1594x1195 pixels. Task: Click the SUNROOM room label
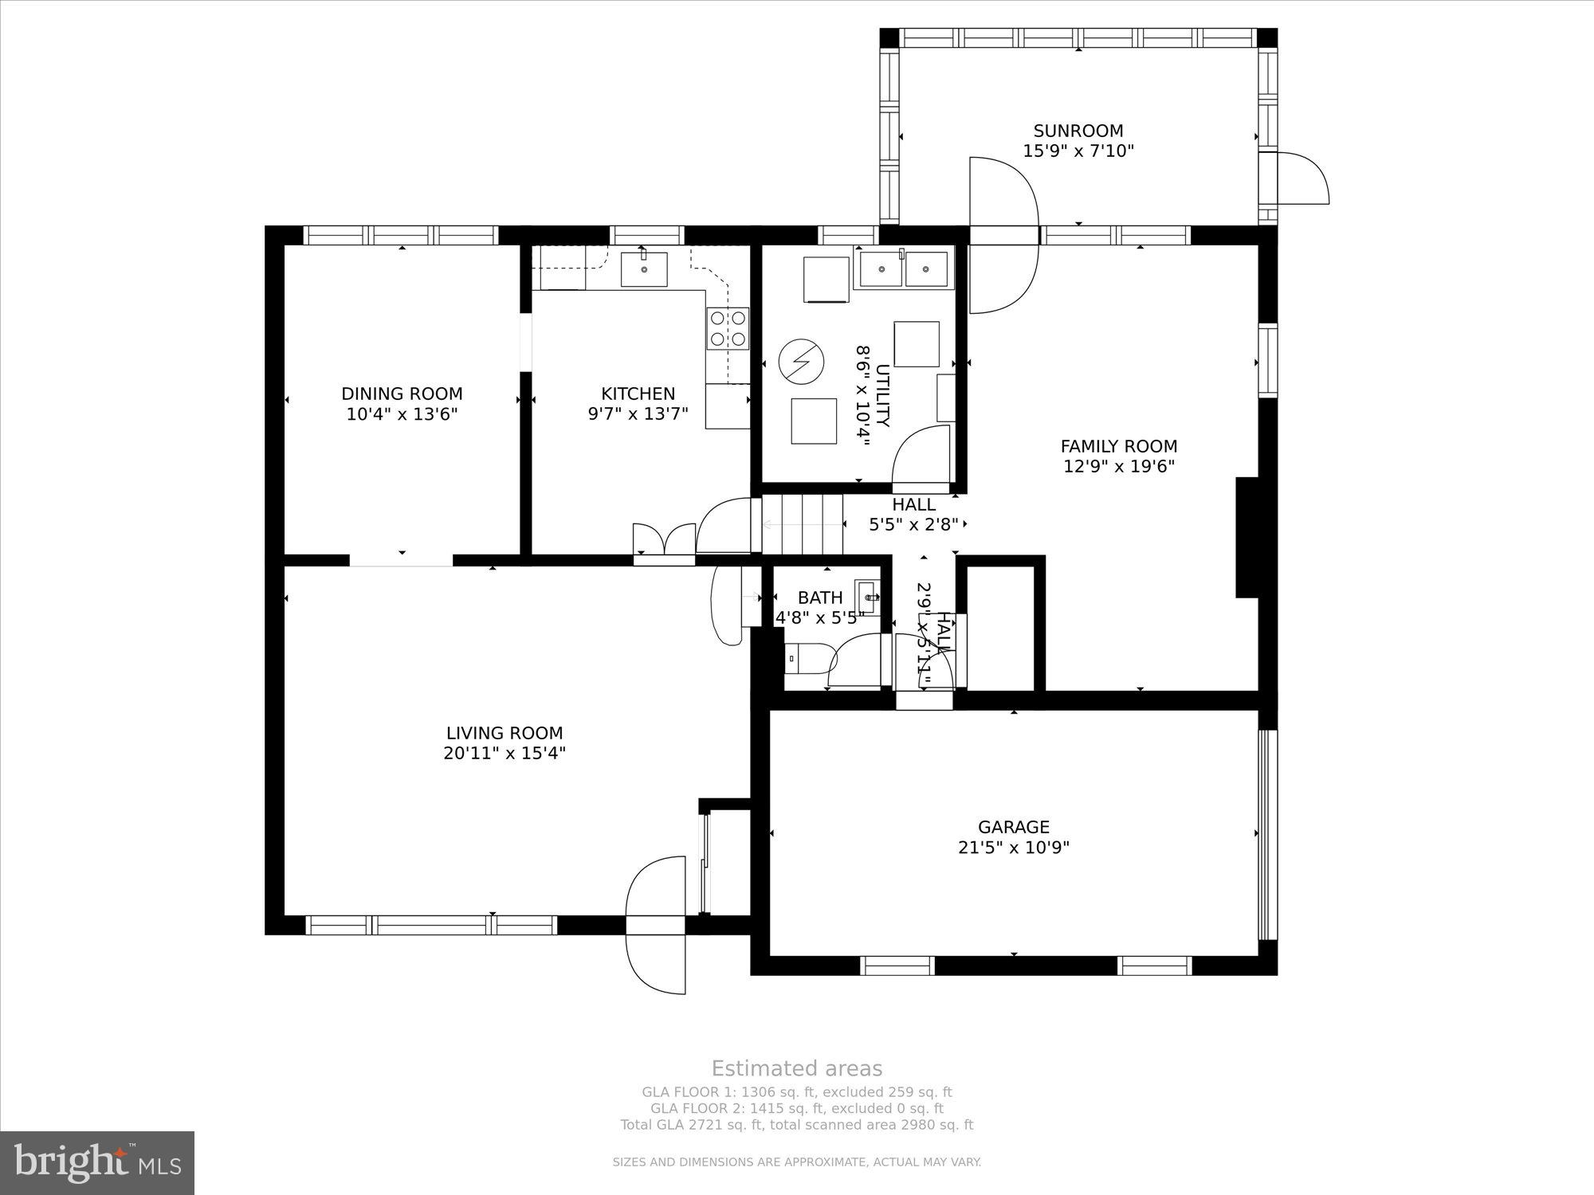(1078, 131)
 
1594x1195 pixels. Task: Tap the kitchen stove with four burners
(728, 328)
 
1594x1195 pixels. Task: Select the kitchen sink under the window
(643, 268)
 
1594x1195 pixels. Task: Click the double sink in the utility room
(904, 269)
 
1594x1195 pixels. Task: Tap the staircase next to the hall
(803, 524)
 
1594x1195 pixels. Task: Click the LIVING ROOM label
(505, 733)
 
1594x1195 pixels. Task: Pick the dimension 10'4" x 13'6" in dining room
(402, 414)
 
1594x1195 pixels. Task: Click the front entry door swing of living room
(656, 924)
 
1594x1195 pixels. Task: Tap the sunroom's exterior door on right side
(1301, 178)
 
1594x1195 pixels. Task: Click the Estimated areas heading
(796, 1068)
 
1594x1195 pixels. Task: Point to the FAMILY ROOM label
(1118, 446)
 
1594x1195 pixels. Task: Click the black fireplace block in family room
(1247, 537)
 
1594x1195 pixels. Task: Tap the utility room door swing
(922, 459)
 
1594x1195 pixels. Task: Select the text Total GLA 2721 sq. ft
(692, 1125)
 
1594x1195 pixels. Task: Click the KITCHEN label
(638, 394)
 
